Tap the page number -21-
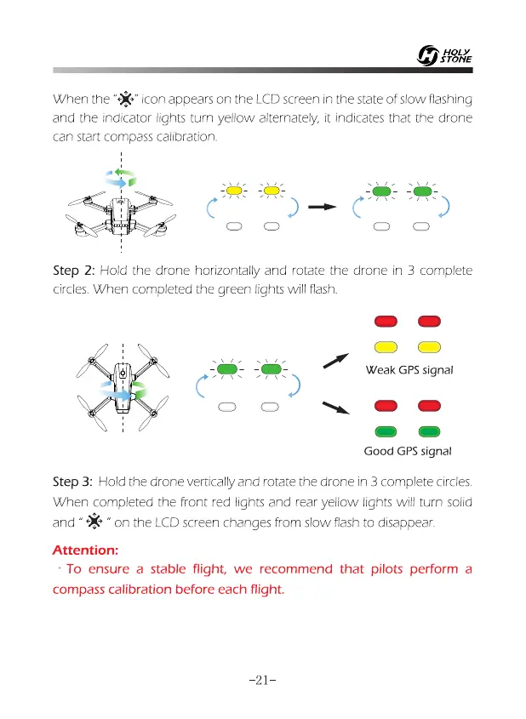coord(262,681)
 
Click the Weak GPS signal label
coord(409,370)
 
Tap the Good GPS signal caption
coord(407,451)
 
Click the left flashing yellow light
coord(232,191)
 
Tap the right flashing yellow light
coord(272,191)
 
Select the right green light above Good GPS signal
coord(428,431)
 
